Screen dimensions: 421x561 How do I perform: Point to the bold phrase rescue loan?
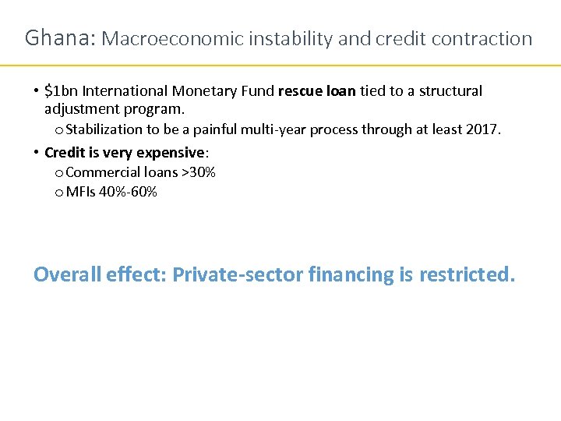coord(316,91)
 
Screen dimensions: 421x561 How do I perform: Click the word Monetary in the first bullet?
coord(211,91)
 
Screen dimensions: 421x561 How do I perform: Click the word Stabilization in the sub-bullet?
coord(104,129)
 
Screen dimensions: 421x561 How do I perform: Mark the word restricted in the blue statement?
coord(466,274)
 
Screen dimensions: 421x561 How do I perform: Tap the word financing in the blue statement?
coord(351,275)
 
